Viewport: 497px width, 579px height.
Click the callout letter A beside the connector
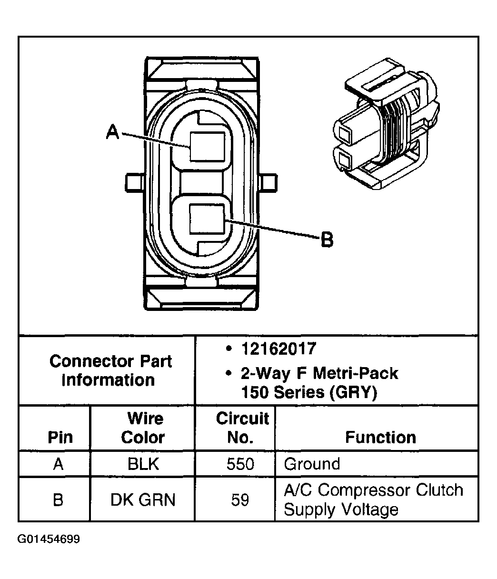112,131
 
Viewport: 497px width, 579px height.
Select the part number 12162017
278,349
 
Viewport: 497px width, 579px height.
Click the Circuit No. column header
242,428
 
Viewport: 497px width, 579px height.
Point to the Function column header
380,437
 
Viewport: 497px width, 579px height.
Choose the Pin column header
60,437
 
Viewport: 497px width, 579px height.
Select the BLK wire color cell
143,464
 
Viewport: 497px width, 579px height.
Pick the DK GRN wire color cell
143,499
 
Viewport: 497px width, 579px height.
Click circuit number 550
240,464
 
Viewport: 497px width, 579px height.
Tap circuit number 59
240,500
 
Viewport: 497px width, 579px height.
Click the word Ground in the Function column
312,464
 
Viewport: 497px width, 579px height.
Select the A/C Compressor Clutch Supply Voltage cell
373,499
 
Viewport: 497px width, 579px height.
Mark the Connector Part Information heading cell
110,370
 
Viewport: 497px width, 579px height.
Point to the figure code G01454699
49,539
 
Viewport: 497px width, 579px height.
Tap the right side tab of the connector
268,182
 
